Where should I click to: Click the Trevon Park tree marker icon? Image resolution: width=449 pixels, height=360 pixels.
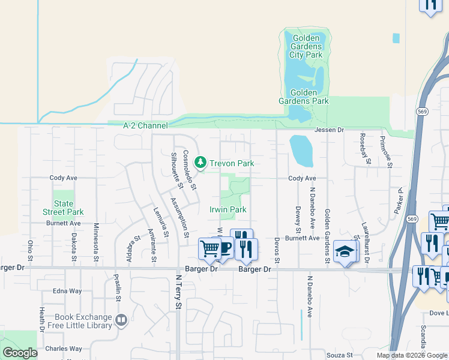[200, 163]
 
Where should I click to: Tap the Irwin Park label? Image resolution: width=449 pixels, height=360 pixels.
[228, 210]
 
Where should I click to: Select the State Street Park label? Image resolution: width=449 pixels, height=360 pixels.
[63, 208]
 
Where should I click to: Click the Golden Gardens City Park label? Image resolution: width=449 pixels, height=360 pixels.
[307, 46]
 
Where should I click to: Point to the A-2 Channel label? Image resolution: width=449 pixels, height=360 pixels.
[145, 126]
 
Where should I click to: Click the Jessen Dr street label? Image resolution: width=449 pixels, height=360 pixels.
[328, 130]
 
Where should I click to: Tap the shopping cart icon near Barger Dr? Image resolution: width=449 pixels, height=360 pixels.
[209, 247]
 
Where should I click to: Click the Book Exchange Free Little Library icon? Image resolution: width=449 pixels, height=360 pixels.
[121, 320]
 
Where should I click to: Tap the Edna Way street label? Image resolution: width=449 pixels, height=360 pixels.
[67, 291]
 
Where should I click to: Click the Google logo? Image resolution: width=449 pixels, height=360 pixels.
[20, 353]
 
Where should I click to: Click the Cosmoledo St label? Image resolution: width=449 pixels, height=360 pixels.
[190, 170]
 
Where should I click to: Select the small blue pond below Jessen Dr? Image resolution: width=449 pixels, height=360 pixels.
[301, 151]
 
